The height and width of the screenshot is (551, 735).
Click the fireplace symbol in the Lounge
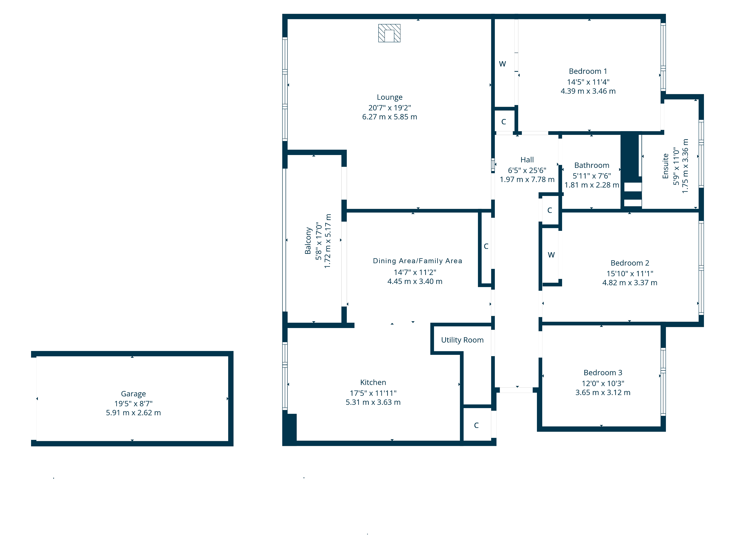click(x=389, y=33)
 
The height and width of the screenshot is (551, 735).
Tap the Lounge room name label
click(x=389, y=97)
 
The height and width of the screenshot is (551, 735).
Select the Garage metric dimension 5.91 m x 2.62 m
click(x=133, y=413)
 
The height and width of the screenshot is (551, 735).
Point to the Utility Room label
click(x=462, y=340)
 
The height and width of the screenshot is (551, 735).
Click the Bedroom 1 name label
click(x=588, y=71)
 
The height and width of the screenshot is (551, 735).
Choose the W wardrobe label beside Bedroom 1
click(x=502, y=64)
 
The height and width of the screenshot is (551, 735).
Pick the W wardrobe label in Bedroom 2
click(x=551, y=255)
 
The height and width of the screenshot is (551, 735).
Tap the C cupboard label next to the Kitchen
click(x=476, y=425)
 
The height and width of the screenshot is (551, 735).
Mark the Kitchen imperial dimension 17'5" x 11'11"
click(x=373, y=393)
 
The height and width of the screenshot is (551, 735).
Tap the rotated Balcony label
click(x=308, y=241)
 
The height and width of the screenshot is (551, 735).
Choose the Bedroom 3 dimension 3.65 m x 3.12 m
click(x=603, y=392)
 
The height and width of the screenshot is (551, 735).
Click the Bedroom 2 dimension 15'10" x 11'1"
click(x=630, y=274)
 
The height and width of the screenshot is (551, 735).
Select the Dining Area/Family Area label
click(x=417, y=261)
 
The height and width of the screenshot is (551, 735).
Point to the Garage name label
click(x=133, y=394)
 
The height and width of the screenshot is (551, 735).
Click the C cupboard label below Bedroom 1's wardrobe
click(x=504, y=122)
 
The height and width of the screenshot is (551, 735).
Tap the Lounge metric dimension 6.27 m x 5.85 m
click(x=389, y=117)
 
